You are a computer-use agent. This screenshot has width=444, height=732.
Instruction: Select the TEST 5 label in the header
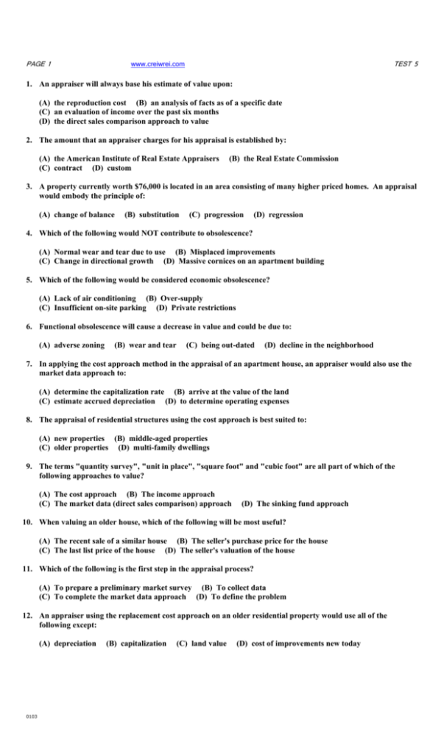[406, 64]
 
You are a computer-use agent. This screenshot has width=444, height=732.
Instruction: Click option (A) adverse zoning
[73, 345]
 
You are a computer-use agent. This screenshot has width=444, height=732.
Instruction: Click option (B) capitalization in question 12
[137, 644]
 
